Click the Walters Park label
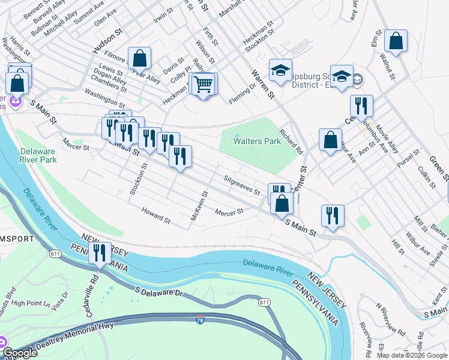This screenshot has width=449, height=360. pyautogui.click(x=258, y=141)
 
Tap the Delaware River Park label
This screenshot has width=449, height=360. pyautogui.click(x=38, y=155)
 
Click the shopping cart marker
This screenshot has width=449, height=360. pyautogui.click(x=204, y=84)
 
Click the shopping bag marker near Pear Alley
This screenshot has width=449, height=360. pyautogui.click(x=139, y=59)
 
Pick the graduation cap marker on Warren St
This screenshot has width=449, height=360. pyautogui.click(x=280, y=71)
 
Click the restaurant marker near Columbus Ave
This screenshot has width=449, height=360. pyautogui.click(x=362, y=106)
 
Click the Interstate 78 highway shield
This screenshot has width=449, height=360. pyautogui.click(x=199, y=322)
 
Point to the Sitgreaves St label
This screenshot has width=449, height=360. pyautogui.click(x=241, y=185)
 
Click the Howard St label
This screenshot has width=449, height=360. pyautogui.click(x=156, y=215)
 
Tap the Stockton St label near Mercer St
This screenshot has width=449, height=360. pyautogui.click(x=139, y=178)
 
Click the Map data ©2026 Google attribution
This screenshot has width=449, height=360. pyautogui.click(x=412, y=355)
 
